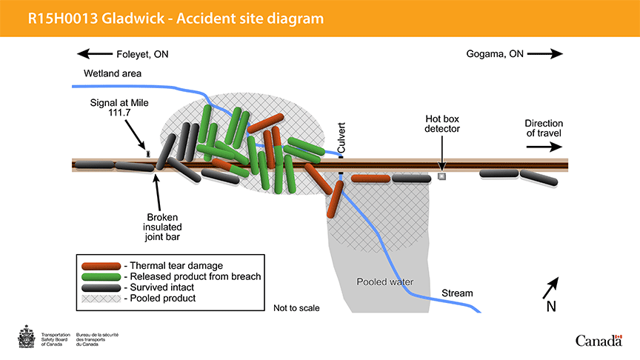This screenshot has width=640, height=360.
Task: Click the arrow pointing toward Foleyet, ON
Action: [93, 53]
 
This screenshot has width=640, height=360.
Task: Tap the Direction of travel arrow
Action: [544, 147]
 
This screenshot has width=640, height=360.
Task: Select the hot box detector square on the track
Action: [441, 177]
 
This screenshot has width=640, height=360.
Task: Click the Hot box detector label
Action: [442, 124]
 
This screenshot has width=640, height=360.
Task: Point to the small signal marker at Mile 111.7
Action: [148, 153]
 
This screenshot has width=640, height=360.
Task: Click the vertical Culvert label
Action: [341, 138]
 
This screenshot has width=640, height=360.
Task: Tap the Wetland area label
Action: [113, 73]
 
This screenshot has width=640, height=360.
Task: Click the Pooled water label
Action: [384, 282]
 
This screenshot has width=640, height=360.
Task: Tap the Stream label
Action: [457, 293]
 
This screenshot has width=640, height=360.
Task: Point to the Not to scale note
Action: [296, 307]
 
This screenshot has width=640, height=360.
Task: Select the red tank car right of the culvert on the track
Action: [370, 179]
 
